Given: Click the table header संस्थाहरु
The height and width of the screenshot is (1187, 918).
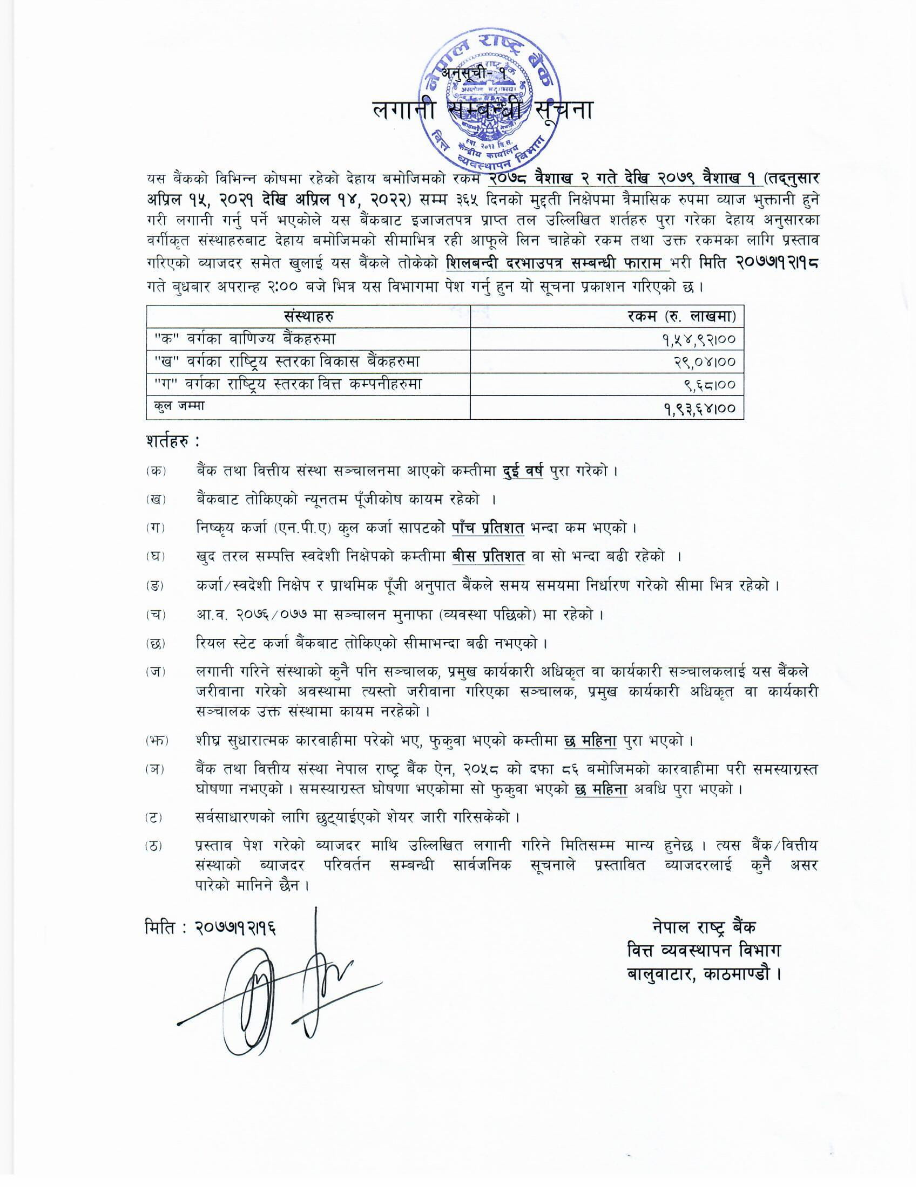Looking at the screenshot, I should click(x=308, y=316).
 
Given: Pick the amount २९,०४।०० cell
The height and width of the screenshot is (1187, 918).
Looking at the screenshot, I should click(x=705, y=362).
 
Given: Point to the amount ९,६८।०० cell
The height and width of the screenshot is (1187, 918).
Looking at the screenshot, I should click(x=710, y=385).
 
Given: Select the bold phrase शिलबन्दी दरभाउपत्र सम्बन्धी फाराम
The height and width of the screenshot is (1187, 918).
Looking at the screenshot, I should click(x=557, y=263).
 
